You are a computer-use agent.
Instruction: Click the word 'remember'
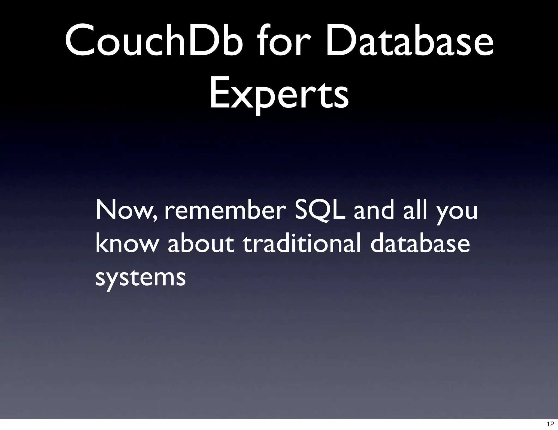coord(225,211)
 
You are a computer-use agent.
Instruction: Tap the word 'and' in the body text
coord(374,211)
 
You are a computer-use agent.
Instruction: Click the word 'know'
coord(126,244)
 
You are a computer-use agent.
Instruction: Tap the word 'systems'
coord(141,278)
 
